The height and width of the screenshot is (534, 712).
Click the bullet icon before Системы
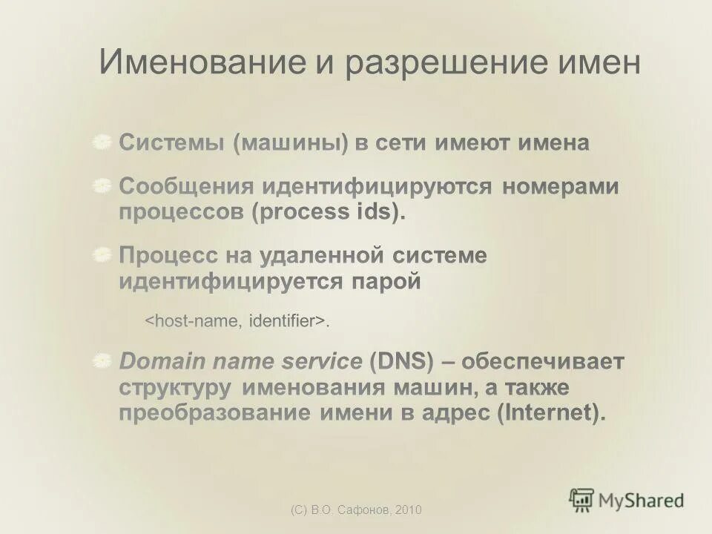(103, 142)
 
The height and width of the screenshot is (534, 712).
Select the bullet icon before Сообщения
(103, 186)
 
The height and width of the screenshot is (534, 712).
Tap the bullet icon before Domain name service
(103, 362)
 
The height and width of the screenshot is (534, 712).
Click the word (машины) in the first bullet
(290, 143)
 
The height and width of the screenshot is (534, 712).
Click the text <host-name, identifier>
(237, 321)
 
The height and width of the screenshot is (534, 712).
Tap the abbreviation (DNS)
(400, 363)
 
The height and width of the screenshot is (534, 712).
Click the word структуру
(176, 388)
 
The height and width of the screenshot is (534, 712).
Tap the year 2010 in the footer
(409, 510)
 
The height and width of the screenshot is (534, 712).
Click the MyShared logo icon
(581, 500)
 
